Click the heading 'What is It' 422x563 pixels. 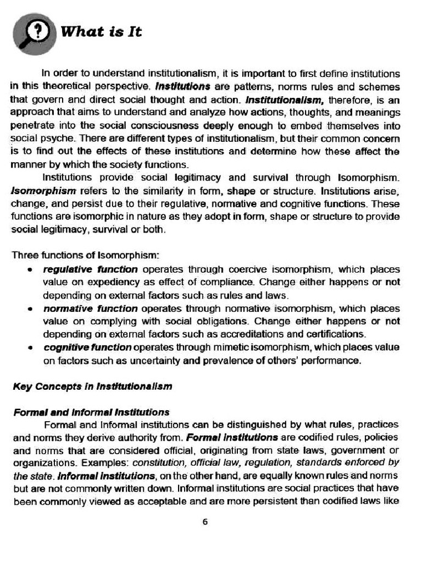101,32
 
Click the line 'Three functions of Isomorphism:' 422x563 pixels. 86,255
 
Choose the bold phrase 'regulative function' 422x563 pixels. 90,269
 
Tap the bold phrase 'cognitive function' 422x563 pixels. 87,347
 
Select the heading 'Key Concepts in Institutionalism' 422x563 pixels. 92,386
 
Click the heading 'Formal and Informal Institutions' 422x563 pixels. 91,412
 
